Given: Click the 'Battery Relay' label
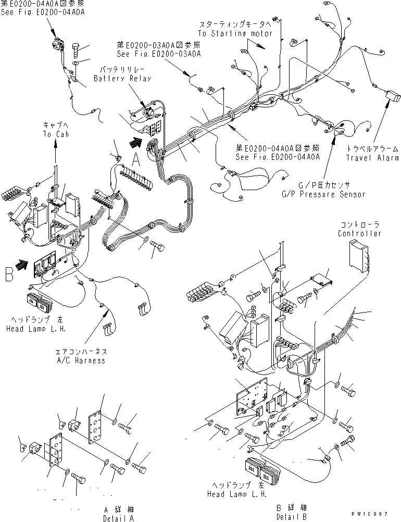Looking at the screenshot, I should pos(122,78).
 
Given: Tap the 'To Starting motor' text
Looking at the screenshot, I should pos(235,33).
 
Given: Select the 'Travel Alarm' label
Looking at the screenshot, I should pos(372,158).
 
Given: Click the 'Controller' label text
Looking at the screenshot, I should pos(359,233).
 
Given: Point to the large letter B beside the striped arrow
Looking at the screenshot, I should pos(9,274).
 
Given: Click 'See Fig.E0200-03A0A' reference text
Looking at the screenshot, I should pos(159,54).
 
